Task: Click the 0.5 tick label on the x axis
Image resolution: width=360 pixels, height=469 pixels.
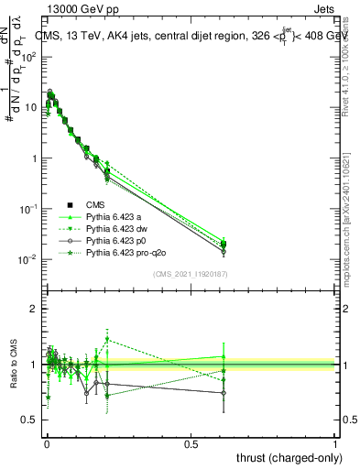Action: point(191,443)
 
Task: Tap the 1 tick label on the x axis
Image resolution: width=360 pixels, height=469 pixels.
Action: point(335,443)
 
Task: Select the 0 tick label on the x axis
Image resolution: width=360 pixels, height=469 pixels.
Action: point(46,443)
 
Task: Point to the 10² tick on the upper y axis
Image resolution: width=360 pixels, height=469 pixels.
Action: point(29,57)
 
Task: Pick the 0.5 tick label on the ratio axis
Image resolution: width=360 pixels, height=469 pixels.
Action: point(30,420)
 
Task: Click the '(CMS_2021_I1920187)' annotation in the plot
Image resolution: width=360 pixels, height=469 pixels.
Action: point(190,274)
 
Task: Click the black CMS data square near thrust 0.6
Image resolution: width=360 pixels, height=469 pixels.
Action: point(224,244)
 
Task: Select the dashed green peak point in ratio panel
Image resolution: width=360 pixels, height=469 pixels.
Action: point(107,339)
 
